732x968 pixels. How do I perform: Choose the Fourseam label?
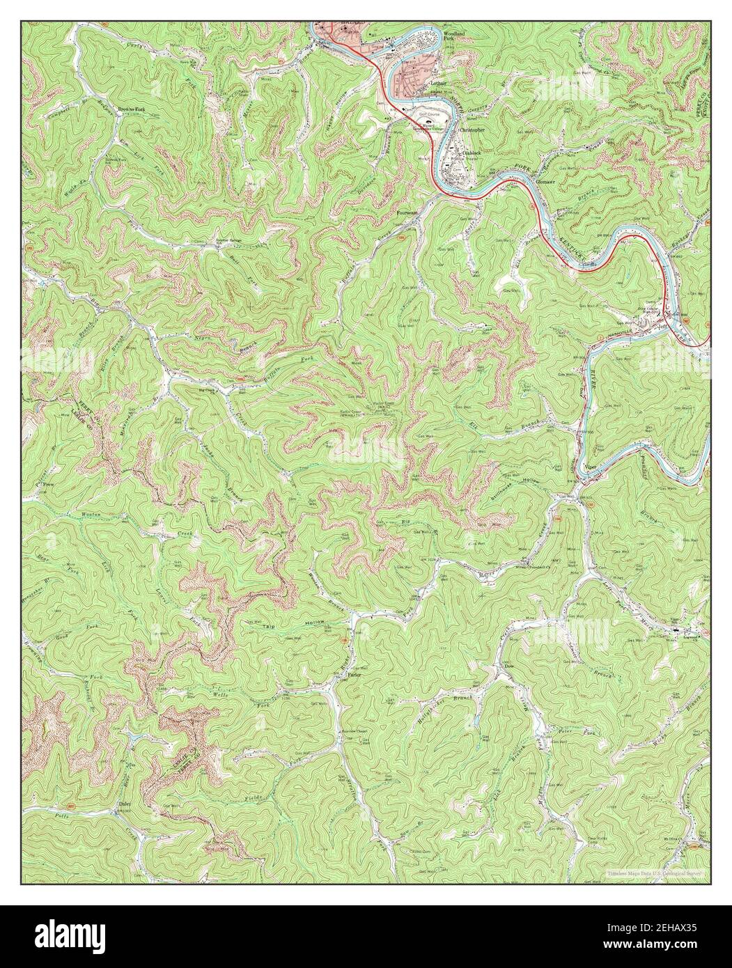(x=407, y=213)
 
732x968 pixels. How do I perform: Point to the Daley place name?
(x=125, y=804)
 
